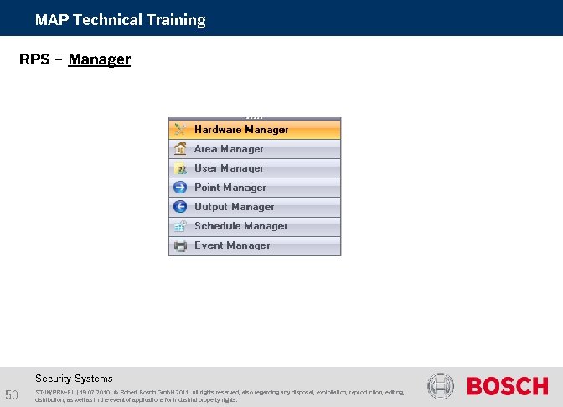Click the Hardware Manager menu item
coord(241,130)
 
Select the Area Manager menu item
coord(229,149)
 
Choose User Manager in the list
coord(229,168)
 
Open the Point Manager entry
coord(230,188)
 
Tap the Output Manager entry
coord(235,207)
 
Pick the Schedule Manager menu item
coord(241,226)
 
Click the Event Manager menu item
coord(232,245)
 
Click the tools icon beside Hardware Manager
coord(180,130)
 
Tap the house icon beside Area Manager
coord(180,149)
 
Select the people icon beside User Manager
coord(180,168)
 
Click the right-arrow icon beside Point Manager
coord(180,188)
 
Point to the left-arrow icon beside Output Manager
coord(180,207)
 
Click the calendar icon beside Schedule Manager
coord(180,226)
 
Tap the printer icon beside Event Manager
coord(180,245)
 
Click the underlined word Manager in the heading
coord(100,59)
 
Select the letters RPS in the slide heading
coord(34,59)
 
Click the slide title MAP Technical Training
coord(120,20)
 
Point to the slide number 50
coord(12,395)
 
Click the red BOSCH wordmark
coord(508,386)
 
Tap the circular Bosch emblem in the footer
coord(441,386)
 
